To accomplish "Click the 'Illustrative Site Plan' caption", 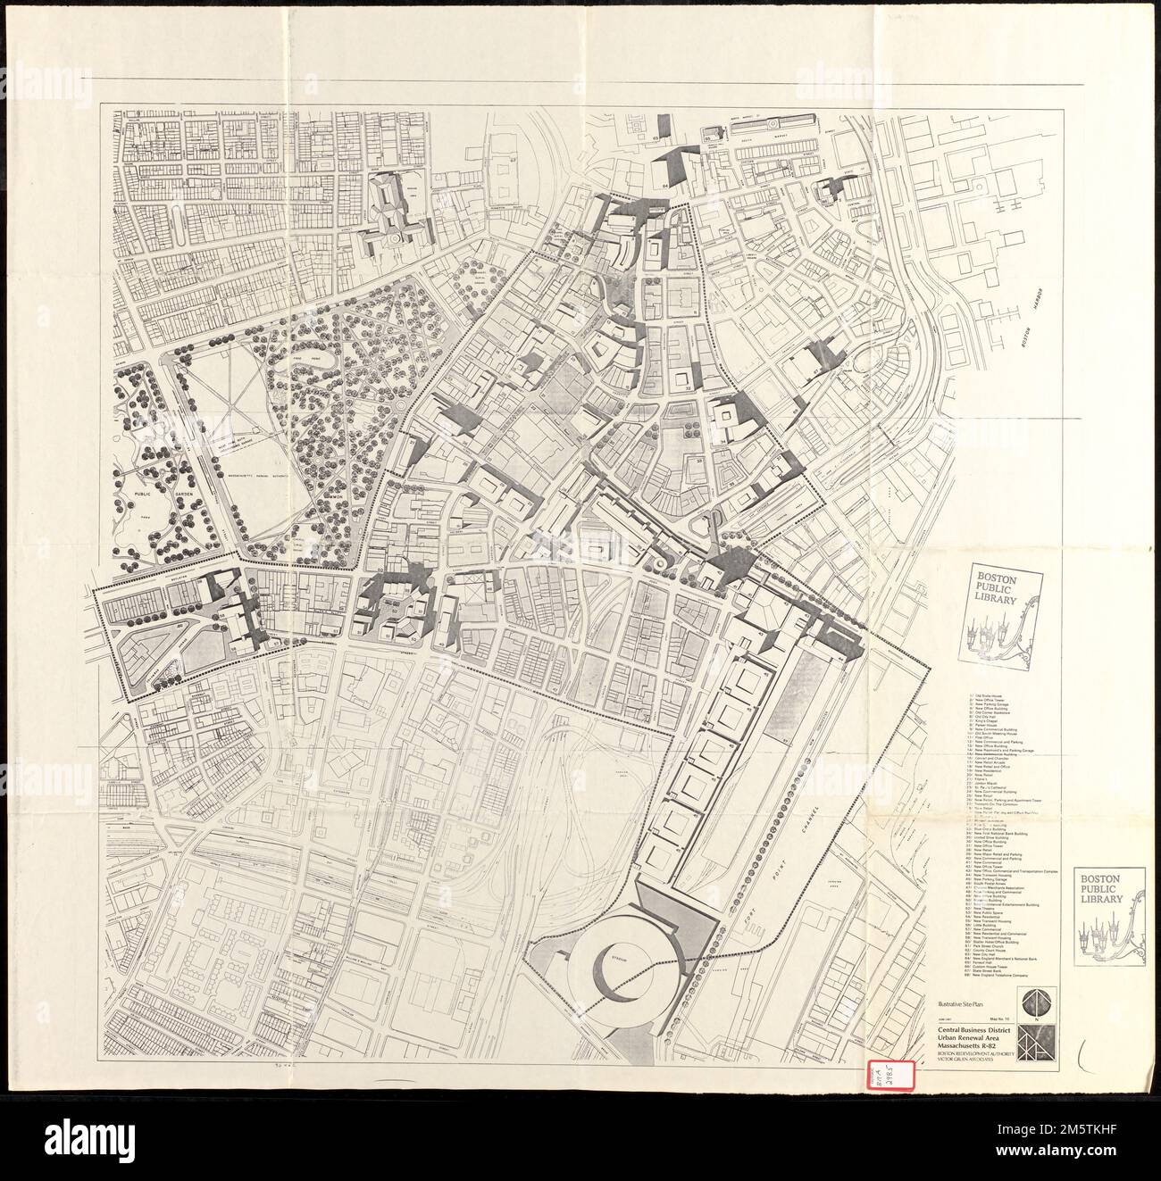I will point(960,1005).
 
